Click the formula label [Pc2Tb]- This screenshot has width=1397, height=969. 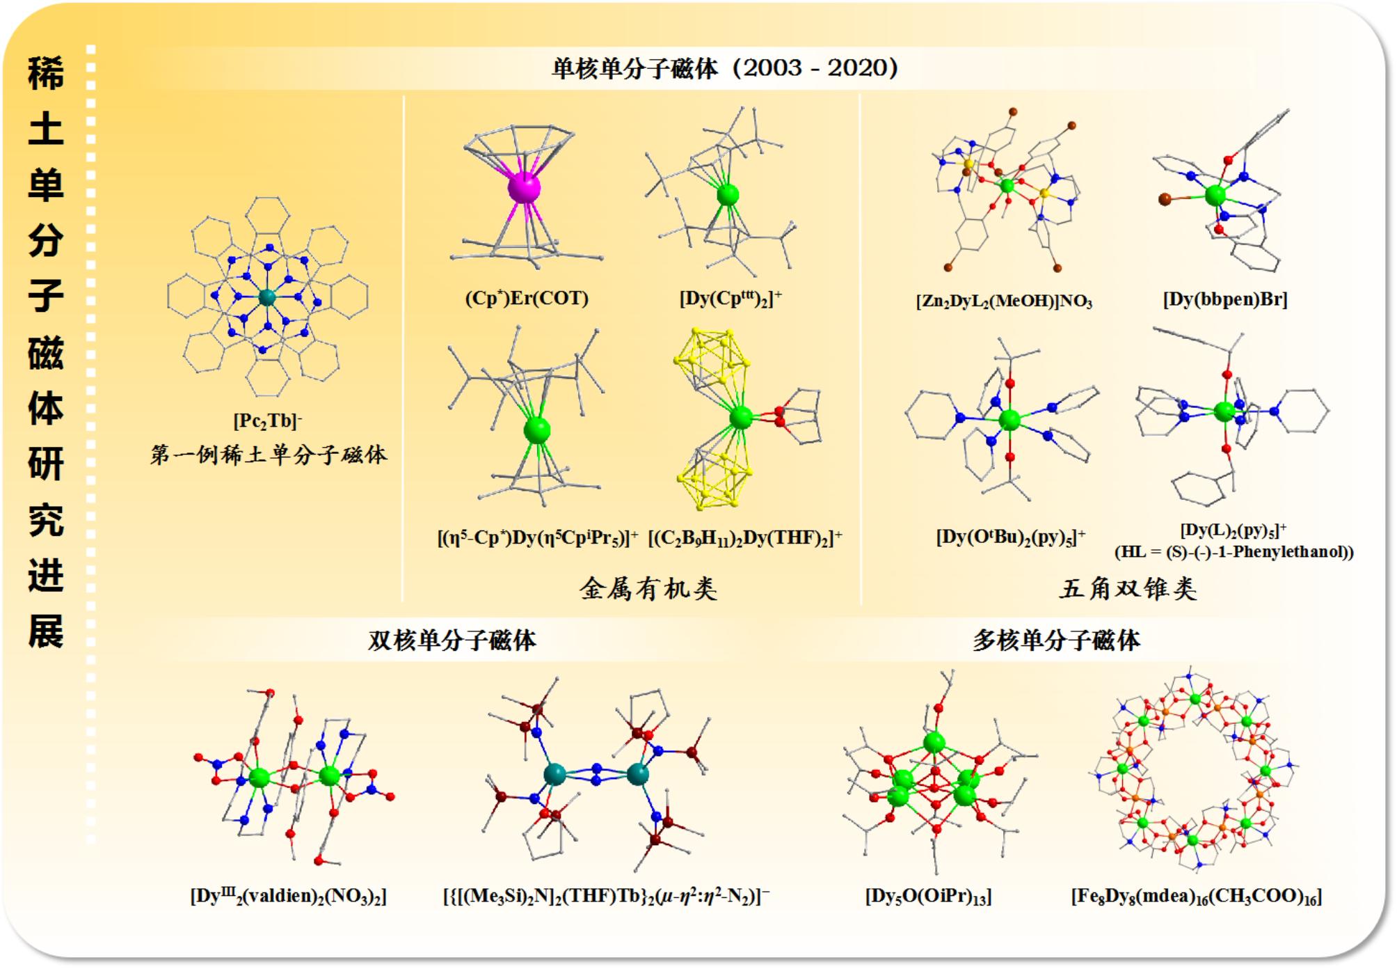click(x=268, y=421)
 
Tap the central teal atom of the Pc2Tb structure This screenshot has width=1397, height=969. click(x=267, y=298)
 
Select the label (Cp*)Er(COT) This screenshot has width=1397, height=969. click(x=527, y=299)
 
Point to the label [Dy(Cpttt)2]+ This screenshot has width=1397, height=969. click(x=731, y=299)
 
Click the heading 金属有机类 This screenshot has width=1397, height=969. click(x=648, y=589)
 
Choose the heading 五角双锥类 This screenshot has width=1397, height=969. click(x=1128, y=589)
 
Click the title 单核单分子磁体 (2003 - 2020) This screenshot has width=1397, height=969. click(x=725, y=68)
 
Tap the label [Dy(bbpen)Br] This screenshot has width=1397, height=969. click(x=1225, y=299)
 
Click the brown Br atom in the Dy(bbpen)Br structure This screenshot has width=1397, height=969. click(x=1165, y=200)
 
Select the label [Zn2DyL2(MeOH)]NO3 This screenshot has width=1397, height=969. click(x=1004, y=301)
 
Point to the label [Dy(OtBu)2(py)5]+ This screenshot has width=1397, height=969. click(x=1010, y=537)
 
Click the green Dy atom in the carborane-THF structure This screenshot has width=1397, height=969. click(x=741, y=418)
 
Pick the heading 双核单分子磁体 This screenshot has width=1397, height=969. click(x=452, y=640)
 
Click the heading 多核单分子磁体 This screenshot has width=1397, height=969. click(x=1056, y=640)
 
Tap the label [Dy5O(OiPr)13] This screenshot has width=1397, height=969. click(x=928, y=896)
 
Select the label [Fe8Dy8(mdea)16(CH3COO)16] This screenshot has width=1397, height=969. click(x=1196, y=896)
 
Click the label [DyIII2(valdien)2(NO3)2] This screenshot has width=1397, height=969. click(x=288, y=896)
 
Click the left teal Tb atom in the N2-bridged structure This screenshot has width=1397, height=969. click(x=554, y=774)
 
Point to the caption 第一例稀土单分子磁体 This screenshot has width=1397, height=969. click(x=269, y=455)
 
